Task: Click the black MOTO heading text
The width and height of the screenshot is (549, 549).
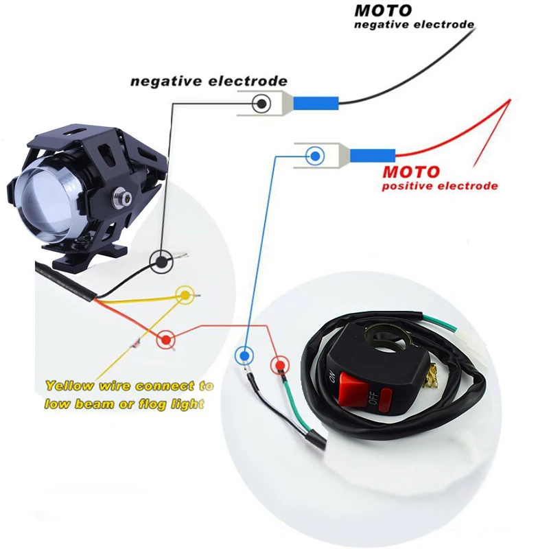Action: [383, 10]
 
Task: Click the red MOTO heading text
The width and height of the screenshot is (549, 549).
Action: [410, 172]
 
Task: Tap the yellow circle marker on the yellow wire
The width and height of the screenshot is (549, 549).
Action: [185, 295]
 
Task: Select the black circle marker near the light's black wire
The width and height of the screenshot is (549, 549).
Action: [161, 261]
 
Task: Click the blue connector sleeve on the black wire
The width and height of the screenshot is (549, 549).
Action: [316, 104]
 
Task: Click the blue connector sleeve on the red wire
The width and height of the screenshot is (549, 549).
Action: [373, 156]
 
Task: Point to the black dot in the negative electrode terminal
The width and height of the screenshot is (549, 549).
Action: [261, 104]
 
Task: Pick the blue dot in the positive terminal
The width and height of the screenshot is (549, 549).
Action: [315, 156]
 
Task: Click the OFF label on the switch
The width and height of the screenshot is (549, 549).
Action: [373, 399]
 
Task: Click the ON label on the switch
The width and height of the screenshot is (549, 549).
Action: [331, 378]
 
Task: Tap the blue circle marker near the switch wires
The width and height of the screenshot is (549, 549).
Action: [244, 355]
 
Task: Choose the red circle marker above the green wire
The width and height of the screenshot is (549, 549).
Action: [280, 366]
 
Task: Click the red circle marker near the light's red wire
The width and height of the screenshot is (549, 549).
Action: [166, 339]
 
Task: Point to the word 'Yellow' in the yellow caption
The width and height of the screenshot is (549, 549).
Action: [70, 386]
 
